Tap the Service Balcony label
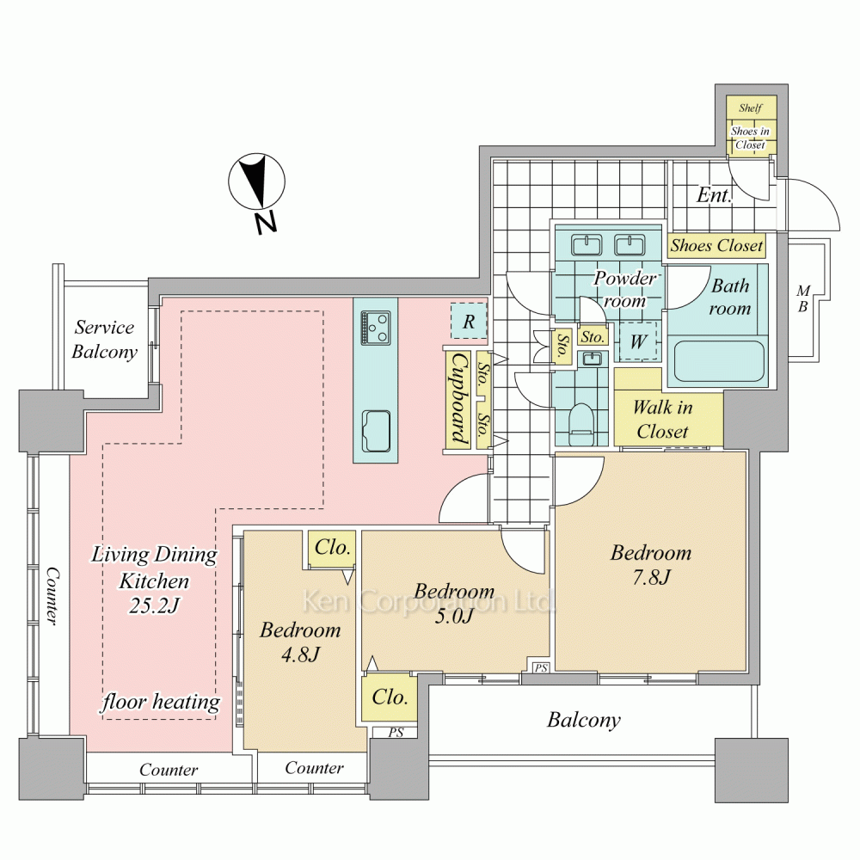click(x=104, y=340)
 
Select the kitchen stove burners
click(x=376, y=328)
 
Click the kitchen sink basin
click(x=377, y=431)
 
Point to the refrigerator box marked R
click(x=469, y=322)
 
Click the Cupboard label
click(x=459, y=399)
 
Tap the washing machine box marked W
click(x=638, y=341)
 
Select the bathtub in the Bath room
click(x=719, y=361)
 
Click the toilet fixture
click(x=581, y=424)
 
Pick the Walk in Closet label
click(x=662, y=420)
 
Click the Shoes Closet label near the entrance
click(x=716, y=245)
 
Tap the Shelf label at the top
click(x=750, y=108)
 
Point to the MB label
click(x=803, y=299)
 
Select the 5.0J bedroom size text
click(x=454, y=617)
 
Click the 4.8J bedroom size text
click(x=300, y=654)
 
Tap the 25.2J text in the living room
click(x=154, y=605)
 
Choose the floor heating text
click(x=161, y=702)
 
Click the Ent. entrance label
click(x=714, y=194)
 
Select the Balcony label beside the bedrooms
click(x=584, y=720)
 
